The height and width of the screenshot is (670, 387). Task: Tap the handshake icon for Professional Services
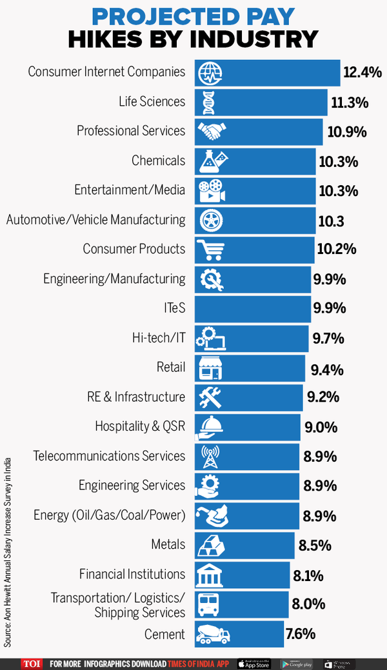point(210,132)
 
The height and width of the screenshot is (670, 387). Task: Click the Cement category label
point(165,634)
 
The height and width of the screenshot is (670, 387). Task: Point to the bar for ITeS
point(252,309)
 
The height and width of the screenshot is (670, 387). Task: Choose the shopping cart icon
point(209,250)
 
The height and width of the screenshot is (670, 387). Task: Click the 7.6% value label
point(301,634)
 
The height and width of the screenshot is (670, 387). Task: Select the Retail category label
point(171,368)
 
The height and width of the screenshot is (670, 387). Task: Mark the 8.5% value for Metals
point(315,546)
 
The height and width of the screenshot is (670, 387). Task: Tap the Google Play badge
point(297,664)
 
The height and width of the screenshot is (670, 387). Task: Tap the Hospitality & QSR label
point(140,426)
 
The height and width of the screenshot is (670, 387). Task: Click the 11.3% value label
point(349,102)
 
